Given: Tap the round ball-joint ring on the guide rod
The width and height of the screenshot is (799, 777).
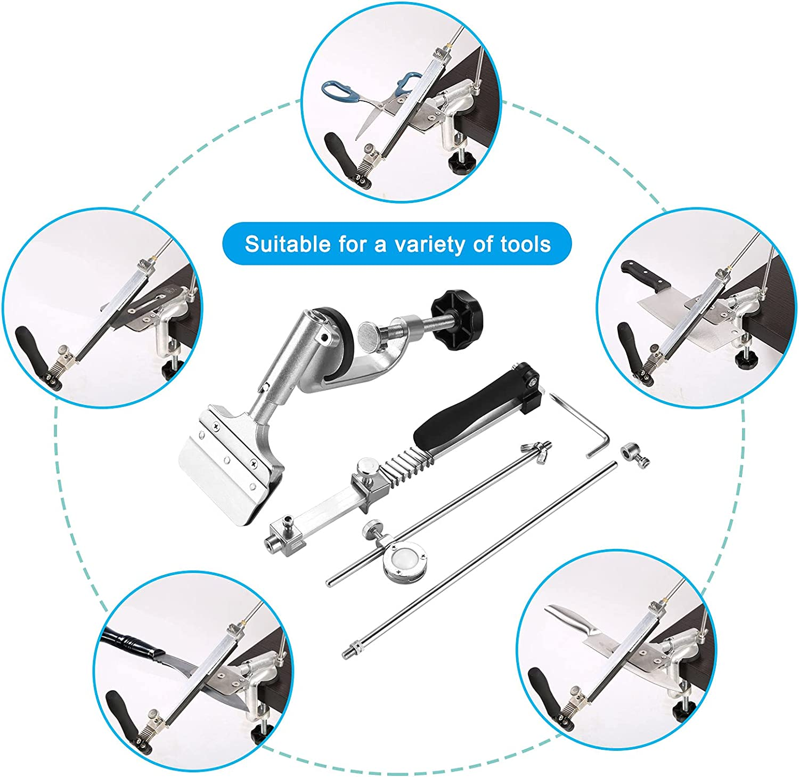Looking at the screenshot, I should point(403,563).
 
